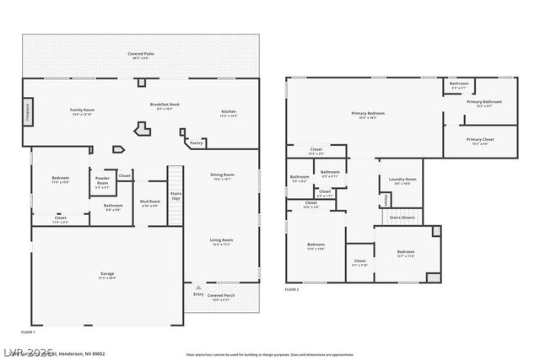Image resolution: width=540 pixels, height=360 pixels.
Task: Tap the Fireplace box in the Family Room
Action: tap(27, 110)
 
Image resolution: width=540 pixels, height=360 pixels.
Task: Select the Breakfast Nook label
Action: tap(165, 106)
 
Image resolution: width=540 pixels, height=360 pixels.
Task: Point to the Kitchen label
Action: tap(229, 113)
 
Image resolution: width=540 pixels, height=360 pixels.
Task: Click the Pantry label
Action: tap(196, 143)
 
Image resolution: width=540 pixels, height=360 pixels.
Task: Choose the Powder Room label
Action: tap(103, 180)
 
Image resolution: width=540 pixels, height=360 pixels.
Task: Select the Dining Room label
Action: tap(223, 176)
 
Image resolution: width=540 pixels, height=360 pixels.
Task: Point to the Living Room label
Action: tap(221, 242)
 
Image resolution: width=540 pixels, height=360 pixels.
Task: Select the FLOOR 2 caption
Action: tap(291, 289)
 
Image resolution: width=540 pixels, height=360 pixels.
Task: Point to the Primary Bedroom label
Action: tap(368, 114)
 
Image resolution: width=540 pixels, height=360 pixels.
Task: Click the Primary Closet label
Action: tap(480, 141)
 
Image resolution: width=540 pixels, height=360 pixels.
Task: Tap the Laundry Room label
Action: tap(402, 180)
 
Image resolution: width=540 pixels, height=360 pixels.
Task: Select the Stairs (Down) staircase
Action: tap(402, 218)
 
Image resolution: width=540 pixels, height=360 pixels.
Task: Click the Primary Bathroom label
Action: tap(483, 103)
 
